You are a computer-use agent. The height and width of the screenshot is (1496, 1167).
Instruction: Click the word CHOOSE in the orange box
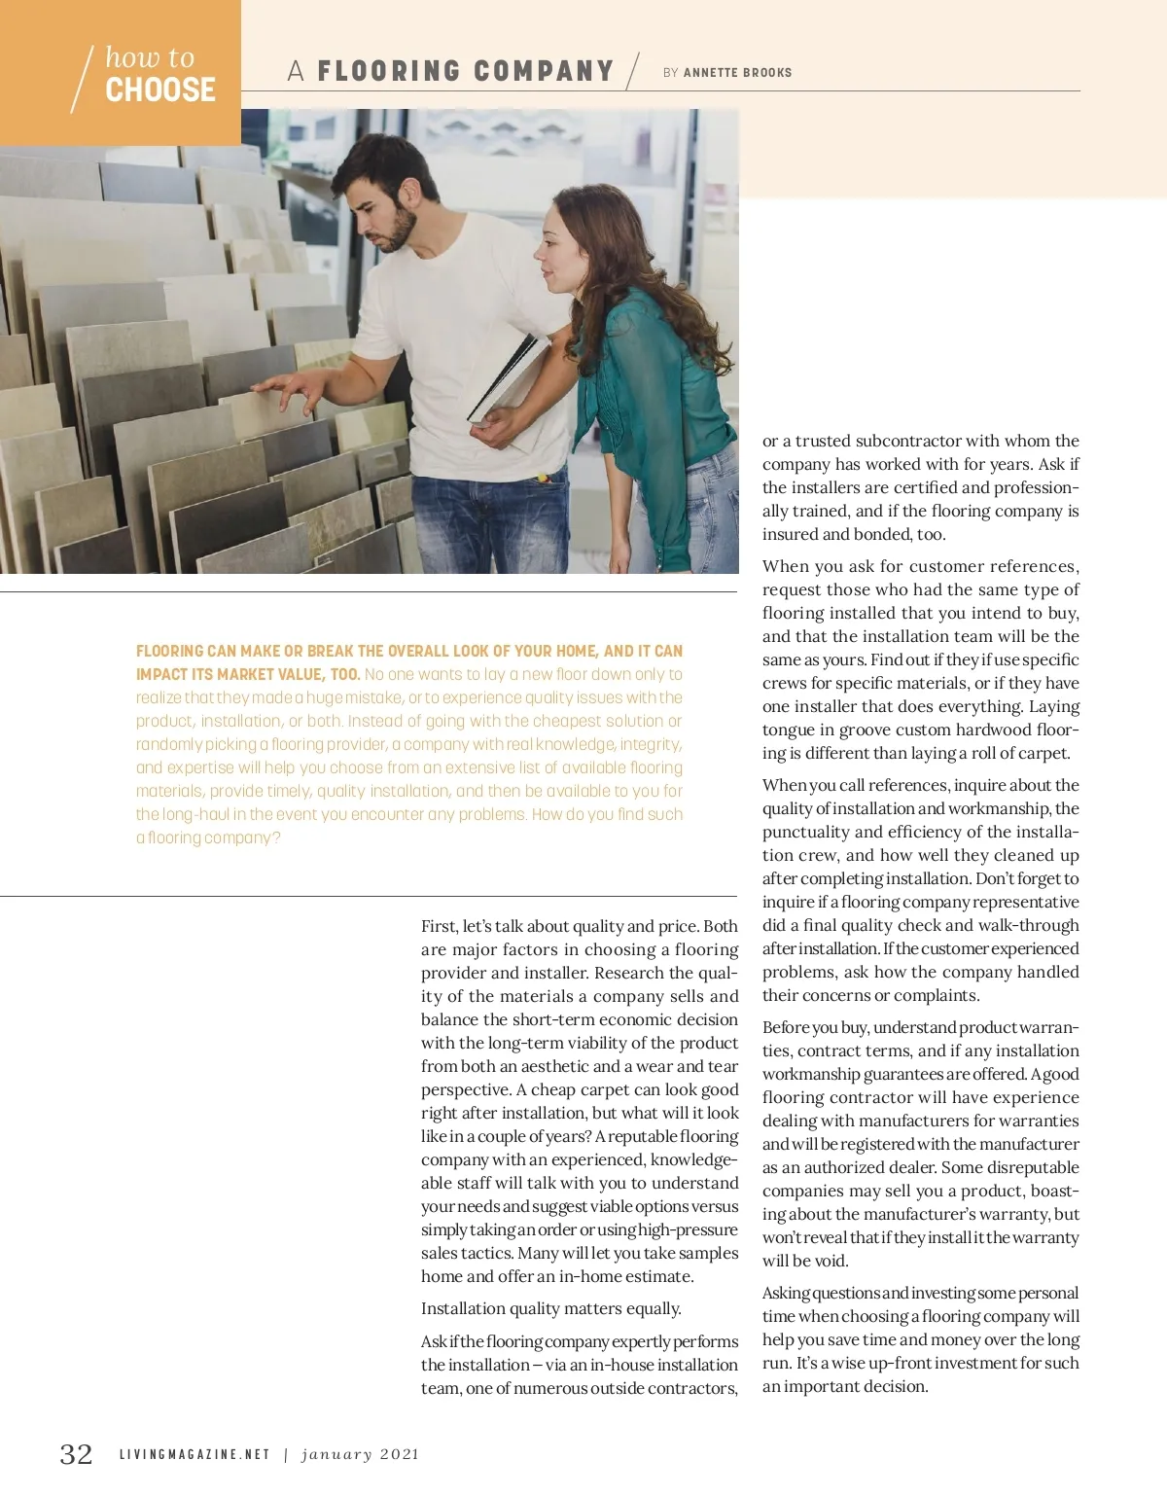click(160, 90)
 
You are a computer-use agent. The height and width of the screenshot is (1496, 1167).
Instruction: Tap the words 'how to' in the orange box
click(150, 57)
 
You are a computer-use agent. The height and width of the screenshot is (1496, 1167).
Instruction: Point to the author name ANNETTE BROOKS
click(737, 72)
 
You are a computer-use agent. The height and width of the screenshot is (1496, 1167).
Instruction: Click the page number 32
click(77, 1454)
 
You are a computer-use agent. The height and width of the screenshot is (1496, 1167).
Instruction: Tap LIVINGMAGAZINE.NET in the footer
click(194, 1455)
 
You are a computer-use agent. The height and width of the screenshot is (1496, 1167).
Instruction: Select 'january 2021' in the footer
click(360, 1455)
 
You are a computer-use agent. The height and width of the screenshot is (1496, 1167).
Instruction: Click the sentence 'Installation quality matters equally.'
click(550, 1308)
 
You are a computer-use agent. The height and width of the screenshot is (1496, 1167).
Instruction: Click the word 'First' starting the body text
click(439, 926)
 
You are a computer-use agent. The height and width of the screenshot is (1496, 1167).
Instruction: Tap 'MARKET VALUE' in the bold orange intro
click(263, 674)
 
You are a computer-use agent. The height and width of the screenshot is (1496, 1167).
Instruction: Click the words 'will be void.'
click(805, 1261)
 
